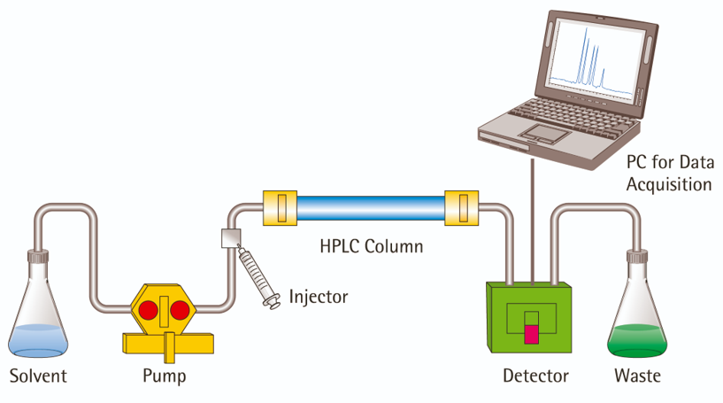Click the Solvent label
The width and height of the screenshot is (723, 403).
(38, 376)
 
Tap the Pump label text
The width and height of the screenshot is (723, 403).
(165, 376)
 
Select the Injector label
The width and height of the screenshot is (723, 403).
(319, 296)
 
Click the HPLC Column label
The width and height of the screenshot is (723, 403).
(371, 245)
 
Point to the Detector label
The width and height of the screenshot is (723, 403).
(535, 376)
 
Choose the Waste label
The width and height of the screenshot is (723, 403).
(637, 376)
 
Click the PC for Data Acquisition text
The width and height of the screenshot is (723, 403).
(669, 174)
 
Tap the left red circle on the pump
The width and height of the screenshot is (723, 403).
(149, 310)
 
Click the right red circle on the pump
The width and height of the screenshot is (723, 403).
(180, 310)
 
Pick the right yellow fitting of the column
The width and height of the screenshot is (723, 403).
(461, 208)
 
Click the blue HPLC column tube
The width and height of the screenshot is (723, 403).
(370, 208)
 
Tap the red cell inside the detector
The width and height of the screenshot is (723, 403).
(531, 334)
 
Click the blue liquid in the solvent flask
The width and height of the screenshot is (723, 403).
(38, 339)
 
